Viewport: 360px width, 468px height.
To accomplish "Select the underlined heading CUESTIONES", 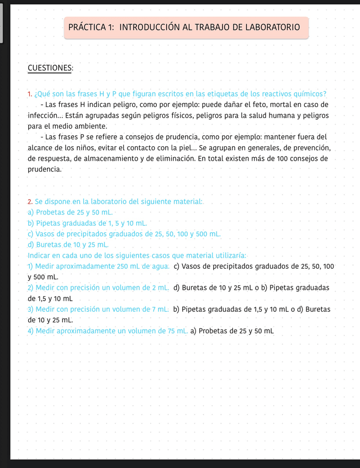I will pos(50,68).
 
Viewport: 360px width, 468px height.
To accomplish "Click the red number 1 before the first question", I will pos(29,93).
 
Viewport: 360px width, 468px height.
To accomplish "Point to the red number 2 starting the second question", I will pos(29,202).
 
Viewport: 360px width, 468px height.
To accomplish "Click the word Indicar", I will pos(40,255).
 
